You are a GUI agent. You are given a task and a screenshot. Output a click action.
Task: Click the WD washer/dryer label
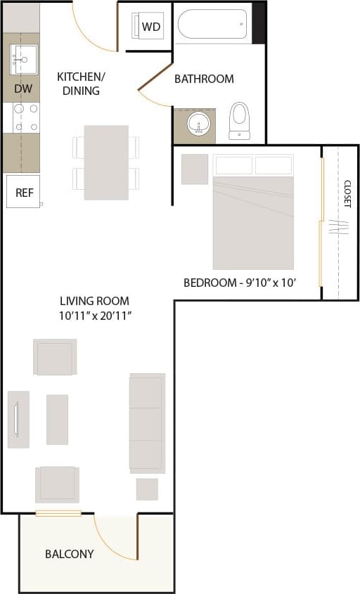tap(151, 27)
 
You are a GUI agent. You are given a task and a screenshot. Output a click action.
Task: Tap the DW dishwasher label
tap(22, 89)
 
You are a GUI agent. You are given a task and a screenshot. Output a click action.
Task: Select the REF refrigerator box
tap(24, 192)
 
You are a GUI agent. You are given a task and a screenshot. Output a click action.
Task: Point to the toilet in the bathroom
tap(240, 120)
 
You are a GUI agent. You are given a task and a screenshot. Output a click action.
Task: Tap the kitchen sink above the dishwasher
tap(23, 60)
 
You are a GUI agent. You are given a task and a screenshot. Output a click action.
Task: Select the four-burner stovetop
tap(25, 117)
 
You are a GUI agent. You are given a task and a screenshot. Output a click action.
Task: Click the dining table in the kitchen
tap(106, 162)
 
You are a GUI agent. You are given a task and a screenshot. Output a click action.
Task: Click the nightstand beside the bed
tap(195, 169)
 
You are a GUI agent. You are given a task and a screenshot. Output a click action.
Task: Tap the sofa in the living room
tap(147, 423)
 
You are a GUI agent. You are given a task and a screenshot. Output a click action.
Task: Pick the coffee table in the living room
tap(57, 419)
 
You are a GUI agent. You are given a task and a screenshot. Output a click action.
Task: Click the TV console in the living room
tap(18, 420)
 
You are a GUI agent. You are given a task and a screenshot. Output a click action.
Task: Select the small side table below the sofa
tap(147, 489)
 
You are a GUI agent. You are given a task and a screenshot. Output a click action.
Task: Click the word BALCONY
tap(69, 554)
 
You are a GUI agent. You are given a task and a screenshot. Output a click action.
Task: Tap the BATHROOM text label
tap(204, 79)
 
